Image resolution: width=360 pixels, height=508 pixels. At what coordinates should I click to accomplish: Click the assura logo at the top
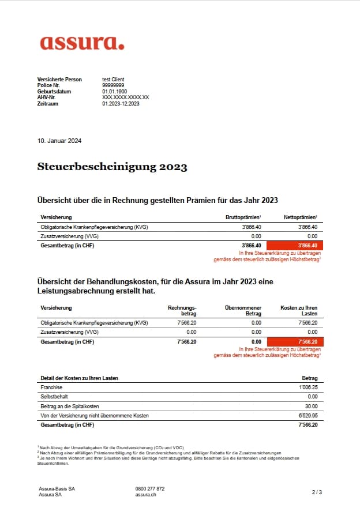coord(82,42)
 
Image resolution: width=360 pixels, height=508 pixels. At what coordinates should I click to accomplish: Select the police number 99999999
coord(113,85)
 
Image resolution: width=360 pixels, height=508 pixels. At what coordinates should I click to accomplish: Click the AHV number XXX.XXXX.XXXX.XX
coord(125,97)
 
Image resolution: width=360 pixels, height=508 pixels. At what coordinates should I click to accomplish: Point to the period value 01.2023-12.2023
coord(121,104)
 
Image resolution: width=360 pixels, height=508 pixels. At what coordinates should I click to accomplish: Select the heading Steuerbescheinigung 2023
coord(112,167)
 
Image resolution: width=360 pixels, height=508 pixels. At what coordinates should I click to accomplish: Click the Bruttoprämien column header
coord(243,217)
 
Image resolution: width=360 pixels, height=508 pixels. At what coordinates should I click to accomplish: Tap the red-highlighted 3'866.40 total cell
coord(295,245)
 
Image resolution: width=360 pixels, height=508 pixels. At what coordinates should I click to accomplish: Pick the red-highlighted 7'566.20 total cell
coord(295,342)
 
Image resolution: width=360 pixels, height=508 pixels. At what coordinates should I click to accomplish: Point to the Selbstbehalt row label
coord(53,397)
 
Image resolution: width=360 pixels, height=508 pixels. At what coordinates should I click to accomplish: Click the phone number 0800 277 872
coord(150,488)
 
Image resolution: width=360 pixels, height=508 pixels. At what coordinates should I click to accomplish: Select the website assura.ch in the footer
coord(145,494)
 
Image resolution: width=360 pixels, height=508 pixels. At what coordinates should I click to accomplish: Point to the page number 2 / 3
coord(317,492)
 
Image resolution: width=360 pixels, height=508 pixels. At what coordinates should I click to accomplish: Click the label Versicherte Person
coord(59,79)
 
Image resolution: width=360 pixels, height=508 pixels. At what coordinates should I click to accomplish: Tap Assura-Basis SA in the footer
coord(57,488)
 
